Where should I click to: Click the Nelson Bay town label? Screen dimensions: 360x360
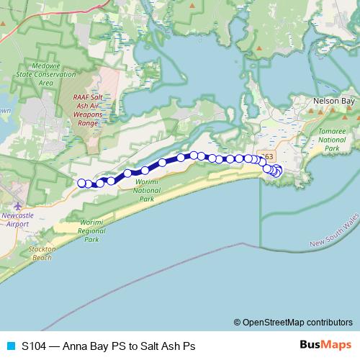(x=334, y=102)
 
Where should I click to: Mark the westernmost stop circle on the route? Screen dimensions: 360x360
(x=81, y=183)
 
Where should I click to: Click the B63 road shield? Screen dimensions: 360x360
(x=268, y=156)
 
